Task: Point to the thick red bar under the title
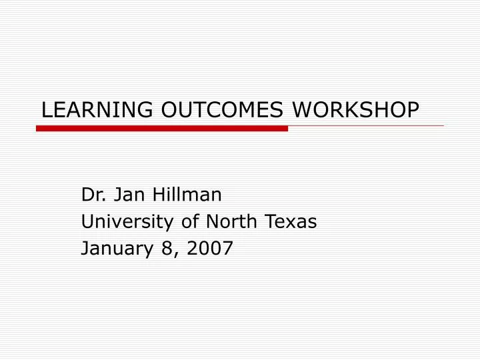tap(162, 128)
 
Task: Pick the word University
tap(122, 222)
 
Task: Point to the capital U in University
tap(87, 222)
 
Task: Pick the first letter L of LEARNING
tap(46, 111)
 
